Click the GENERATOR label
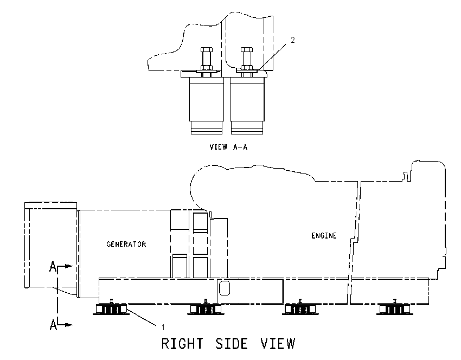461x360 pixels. (126, 244)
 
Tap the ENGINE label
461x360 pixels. (324, 236)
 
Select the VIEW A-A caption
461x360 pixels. (228, 147)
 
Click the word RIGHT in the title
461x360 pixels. (182, 344)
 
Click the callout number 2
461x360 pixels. (292, 40)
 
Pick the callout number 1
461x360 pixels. (163, 327)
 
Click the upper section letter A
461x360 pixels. (53, 267)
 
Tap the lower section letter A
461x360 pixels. (53, 325)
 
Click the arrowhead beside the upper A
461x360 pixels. (69, 266)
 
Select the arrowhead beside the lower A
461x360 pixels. (69, 325)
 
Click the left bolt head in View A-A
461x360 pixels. (207, 49)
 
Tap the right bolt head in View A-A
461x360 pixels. (246, 49)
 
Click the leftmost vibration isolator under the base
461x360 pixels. (111, 310)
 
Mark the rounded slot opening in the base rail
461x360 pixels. (225, 288)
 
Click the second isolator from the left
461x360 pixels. (206, 310)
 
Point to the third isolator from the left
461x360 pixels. (300, 310)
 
